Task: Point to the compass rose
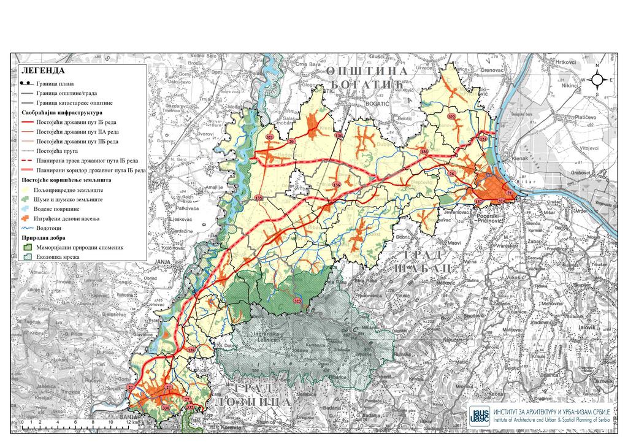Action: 597,80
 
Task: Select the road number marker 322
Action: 452,117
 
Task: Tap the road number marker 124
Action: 483,140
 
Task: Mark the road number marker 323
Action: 297,300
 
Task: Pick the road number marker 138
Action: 191,350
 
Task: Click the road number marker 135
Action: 259,198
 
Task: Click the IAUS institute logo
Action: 479,416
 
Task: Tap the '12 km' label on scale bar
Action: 129,423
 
